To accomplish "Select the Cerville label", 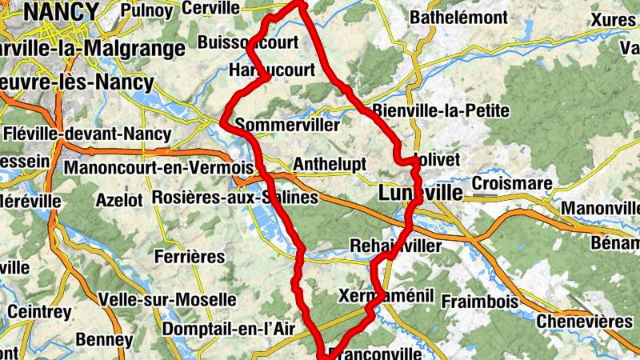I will pyautogui.click(x=211, y=8).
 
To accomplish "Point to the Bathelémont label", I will pyautogui.click(x=458, y=17).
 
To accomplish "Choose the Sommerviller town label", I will pyautogui.click(x=288, y=126).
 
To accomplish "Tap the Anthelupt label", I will pyautogui.click(x=330, y=164).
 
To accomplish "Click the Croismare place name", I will pyautogui.click(x=512, y=183).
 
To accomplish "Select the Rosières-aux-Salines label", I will pyautogui.click(x=234, y=197).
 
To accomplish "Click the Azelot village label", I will pyautogui.click(x=118, y=198).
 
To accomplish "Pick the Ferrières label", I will pyautogui.click(x=190, y=257).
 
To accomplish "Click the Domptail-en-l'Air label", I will pyautogui.click(x=229, y=329).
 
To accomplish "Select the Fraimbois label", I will pyautogui.click(x=481, y=302).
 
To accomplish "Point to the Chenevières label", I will pyautogui.click(x=585, y=321).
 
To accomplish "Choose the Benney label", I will pyautogui.click(x=104, y=340).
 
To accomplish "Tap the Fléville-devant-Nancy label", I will pyautogui.click(x=87, y=134).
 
